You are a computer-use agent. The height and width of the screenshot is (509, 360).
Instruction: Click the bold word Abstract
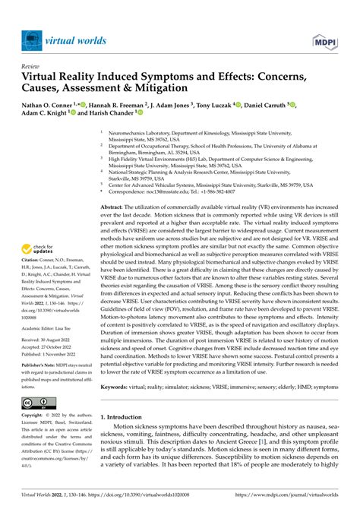click(x=115, y=207)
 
